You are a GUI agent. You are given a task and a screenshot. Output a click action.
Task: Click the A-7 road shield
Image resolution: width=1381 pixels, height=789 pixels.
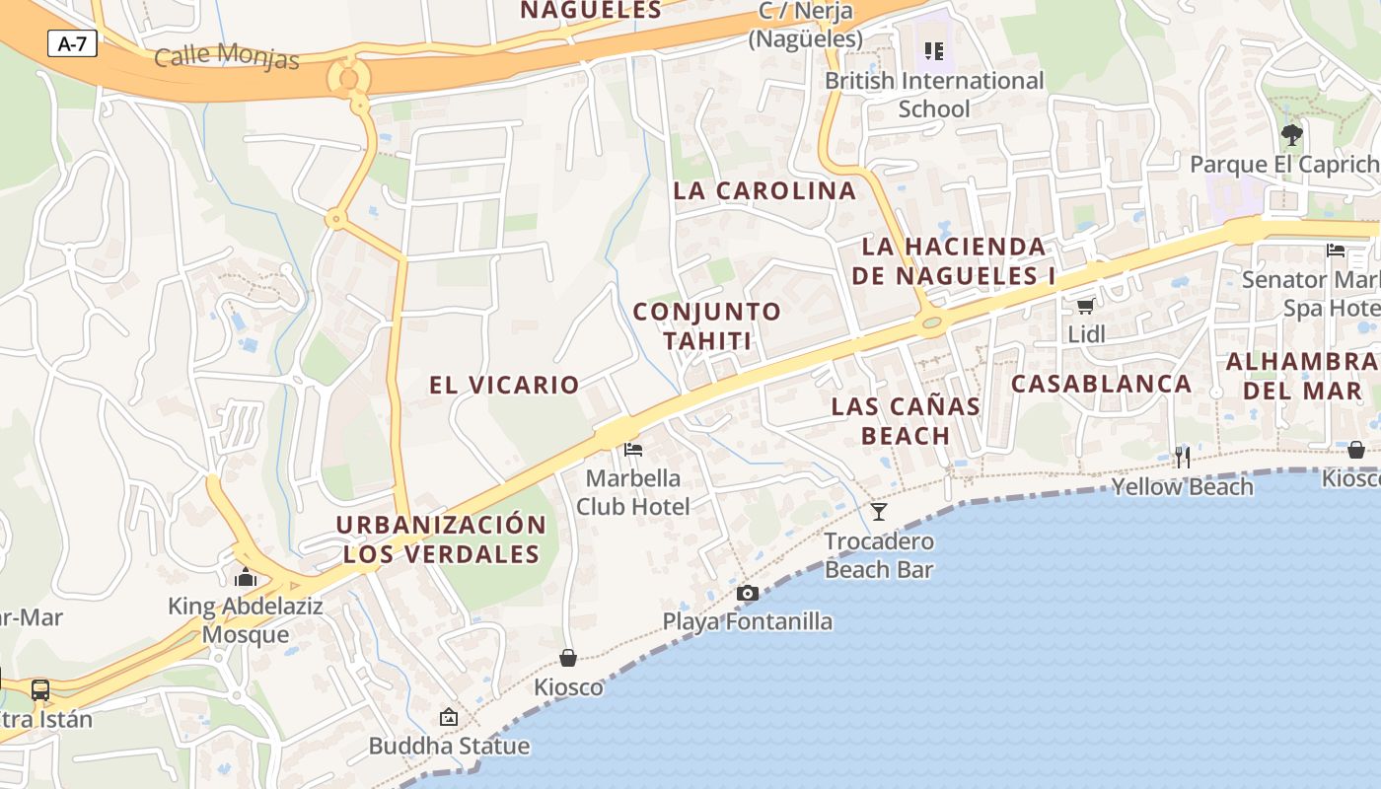click(72, 43)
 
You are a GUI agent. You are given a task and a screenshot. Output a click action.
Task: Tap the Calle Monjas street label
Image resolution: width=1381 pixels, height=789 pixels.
click(226, 56)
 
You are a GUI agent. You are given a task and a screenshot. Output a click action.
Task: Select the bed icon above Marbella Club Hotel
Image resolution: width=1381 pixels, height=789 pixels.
click(633, 450)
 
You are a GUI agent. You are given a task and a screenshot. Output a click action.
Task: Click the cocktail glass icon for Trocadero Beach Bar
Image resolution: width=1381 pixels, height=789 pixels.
click(879, 511)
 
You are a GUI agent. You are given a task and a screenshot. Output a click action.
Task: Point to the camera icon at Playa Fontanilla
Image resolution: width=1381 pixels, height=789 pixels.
click(748, 593)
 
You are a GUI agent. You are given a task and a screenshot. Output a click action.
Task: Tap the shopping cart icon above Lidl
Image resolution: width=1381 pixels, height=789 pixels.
click(1086, 306)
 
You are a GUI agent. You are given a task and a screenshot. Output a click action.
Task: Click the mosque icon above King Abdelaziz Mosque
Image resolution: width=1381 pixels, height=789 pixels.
click(246, 577)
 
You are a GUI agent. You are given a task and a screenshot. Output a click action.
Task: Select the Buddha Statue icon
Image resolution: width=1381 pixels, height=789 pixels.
click(449, 717)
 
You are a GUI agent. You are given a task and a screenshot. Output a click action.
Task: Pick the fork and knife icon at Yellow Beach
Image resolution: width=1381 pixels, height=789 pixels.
click(1182, 457)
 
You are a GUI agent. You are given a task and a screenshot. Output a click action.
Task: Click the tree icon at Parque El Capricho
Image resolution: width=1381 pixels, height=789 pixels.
click(1291, 134)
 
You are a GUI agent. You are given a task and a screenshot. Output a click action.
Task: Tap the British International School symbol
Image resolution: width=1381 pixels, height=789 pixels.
click(934, 50)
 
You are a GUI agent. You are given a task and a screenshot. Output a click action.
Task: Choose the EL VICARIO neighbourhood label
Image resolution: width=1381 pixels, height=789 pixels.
click(504, 385)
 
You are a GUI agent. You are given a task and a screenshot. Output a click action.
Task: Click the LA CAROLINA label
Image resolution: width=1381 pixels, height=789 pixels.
click(764, 191)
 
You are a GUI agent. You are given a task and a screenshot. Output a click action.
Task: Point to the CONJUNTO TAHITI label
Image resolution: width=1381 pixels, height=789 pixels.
click(707, 326)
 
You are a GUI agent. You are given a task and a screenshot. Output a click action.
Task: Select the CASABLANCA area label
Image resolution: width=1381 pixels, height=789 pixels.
click(1101, 384)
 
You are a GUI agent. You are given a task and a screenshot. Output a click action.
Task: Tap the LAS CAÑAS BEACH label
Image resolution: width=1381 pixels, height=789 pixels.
click(906, 420)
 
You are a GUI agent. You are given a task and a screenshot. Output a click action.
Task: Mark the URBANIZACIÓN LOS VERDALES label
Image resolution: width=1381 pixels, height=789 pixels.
click(441, 539)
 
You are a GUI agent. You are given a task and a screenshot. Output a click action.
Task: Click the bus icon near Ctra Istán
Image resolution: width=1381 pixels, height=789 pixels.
click(40, 689)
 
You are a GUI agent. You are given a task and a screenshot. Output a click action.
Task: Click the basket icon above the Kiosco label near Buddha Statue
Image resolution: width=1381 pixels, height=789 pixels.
click(568, 657)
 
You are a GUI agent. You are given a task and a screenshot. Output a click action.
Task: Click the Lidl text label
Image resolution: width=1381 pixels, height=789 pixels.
click(1086, 334)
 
